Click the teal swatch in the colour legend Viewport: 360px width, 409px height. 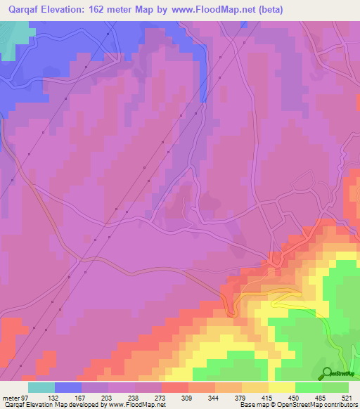click(41, 387)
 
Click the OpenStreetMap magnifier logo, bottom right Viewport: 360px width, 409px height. click(326, 372)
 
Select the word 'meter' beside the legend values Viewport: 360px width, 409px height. click(13, 397)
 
